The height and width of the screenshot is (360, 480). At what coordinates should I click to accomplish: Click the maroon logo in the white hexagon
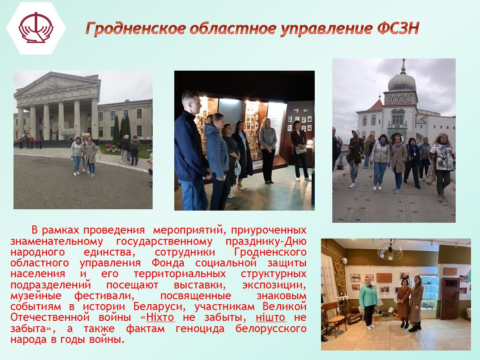[x=36, y=28]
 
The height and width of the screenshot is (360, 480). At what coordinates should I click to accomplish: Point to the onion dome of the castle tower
[x=402, y=81]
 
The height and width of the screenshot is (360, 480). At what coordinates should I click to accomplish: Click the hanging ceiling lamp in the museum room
[x=390, y=250]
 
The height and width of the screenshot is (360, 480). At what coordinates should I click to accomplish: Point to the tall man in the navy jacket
[x=191, y=151]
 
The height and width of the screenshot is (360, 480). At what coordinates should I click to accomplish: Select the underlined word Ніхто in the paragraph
[x=160, y=318]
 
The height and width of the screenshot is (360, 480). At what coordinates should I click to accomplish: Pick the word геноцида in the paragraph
[x=200, y=329]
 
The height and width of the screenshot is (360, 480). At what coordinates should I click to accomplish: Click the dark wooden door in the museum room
[x=450, y=298]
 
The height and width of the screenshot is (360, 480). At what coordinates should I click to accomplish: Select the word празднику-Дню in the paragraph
[x=266, y=241]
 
